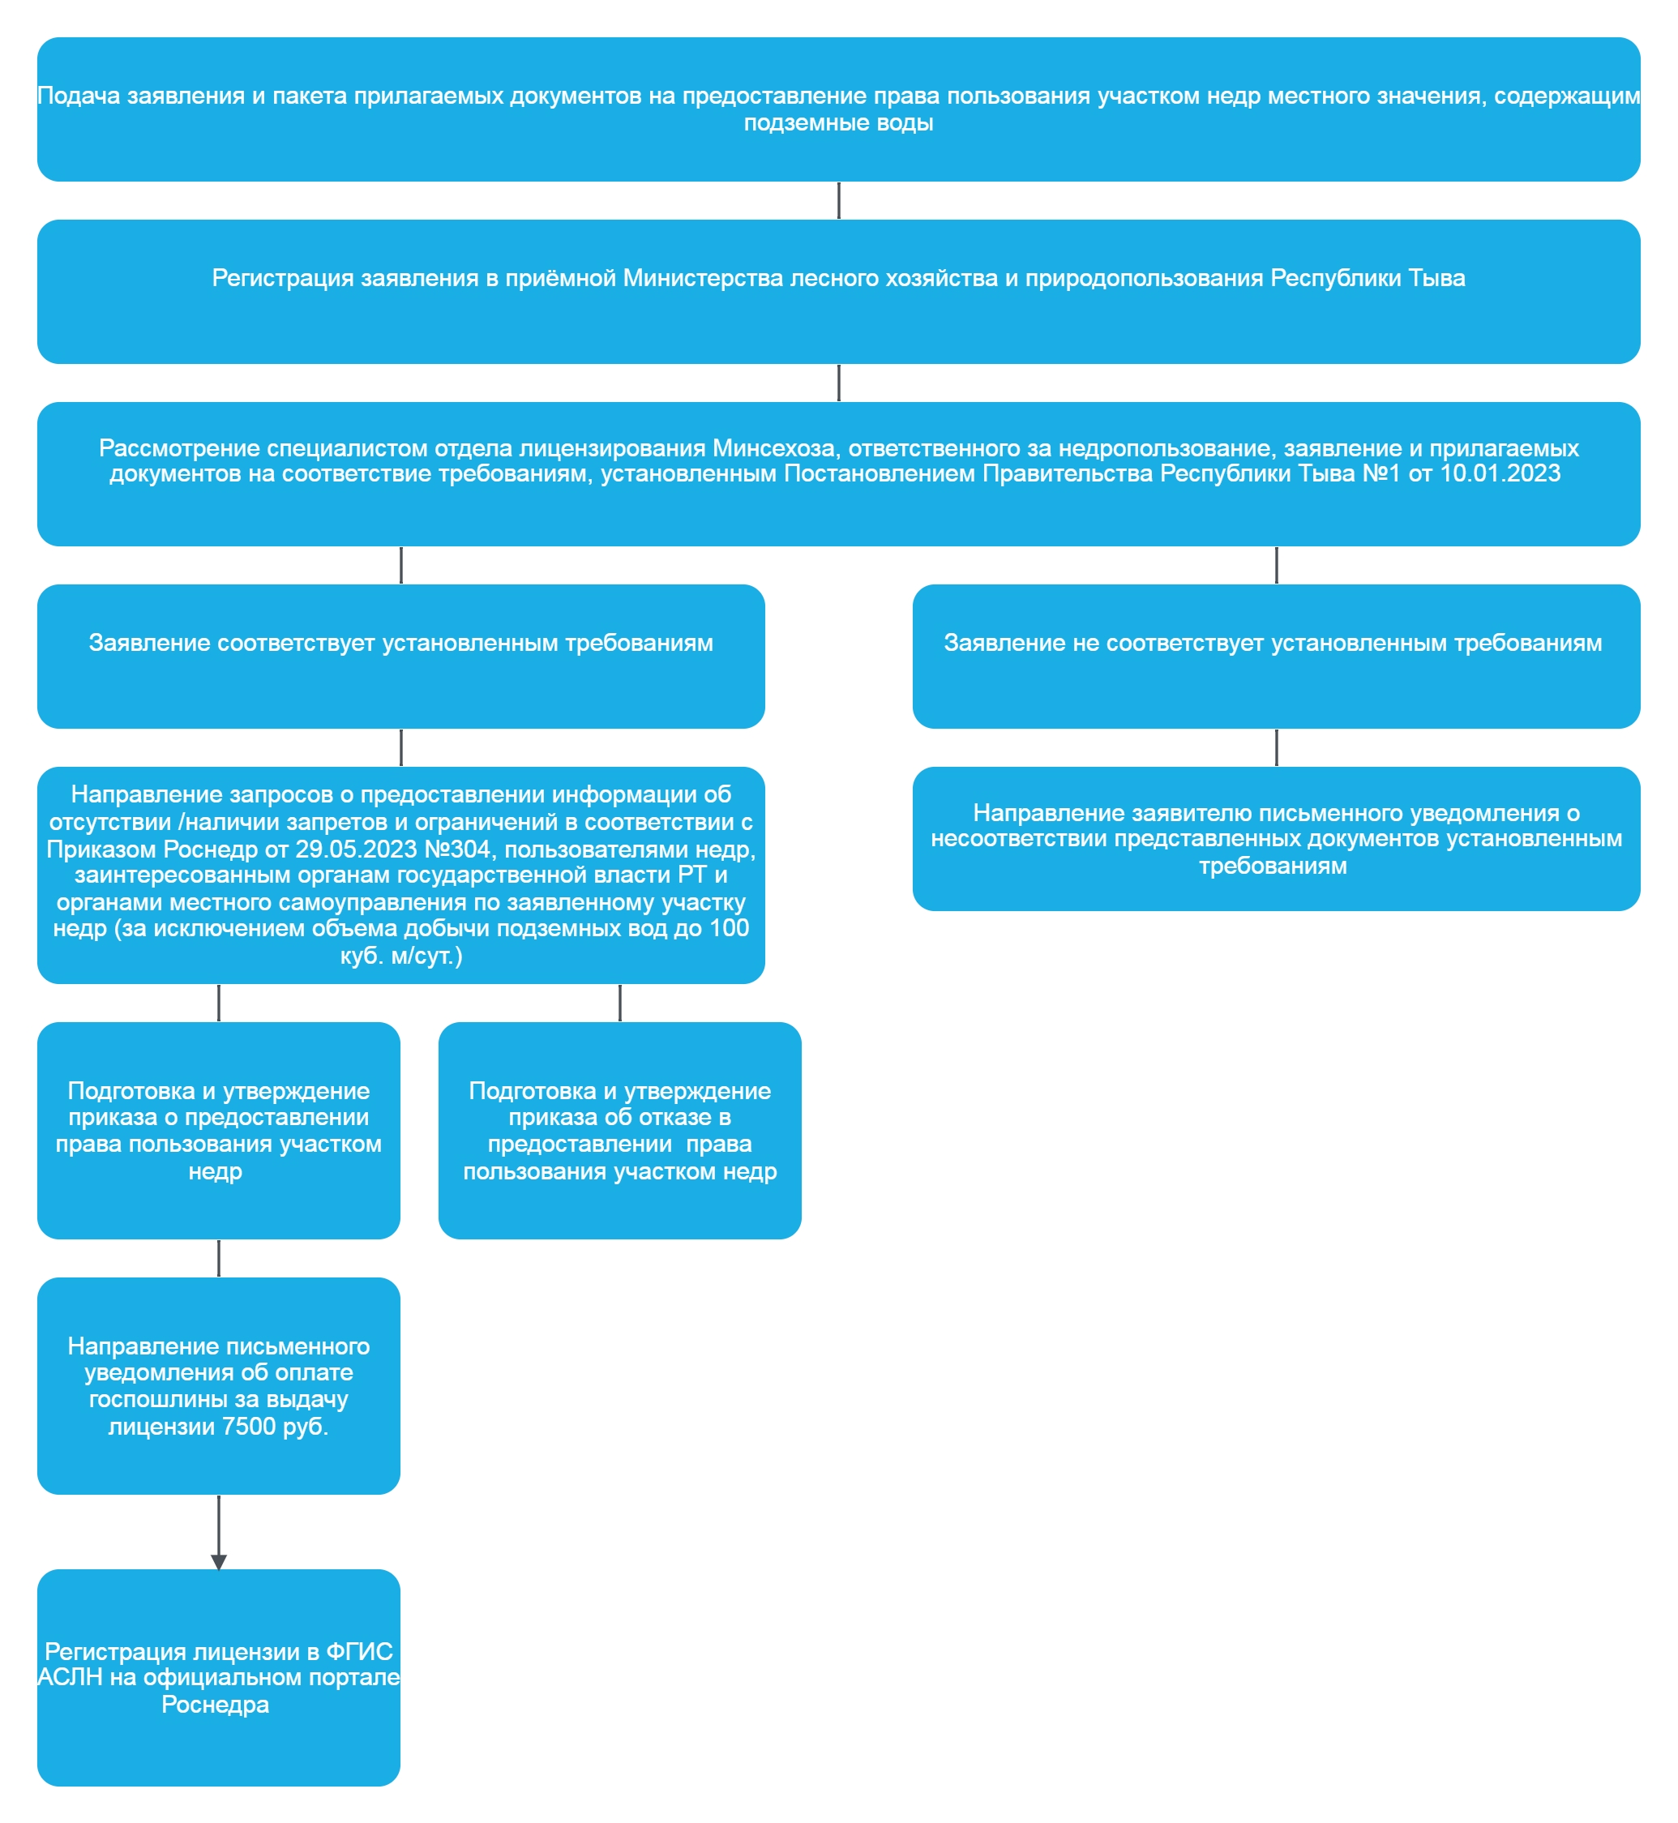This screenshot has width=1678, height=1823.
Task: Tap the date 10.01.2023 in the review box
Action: click(1500, 473)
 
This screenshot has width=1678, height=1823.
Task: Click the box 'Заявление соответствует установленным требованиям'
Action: click(400, 657)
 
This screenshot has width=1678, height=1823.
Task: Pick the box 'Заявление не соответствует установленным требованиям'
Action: click(1276, 657)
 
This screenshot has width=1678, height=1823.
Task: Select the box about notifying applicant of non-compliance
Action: click(1276, 838)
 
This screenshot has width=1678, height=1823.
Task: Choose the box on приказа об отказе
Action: click(619, 1130)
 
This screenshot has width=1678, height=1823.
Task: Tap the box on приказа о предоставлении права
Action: click(218, 1130)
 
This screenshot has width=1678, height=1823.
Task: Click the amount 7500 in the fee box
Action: click(249, 1427)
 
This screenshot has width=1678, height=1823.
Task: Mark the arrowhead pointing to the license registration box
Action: click(218, 1561)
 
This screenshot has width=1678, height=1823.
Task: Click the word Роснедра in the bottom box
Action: click(215, 1704)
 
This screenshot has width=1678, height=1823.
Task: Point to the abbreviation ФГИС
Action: click(358, 1650)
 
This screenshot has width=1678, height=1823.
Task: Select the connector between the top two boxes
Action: click(838, 199)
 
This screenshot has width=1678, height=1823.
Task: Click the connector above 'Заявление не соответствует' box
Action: click(1276, 565)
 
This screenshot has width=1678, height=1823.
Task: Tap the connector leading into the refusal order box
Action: click(619, 1003)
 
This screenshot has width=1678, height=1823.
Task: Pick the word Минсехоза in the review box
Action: click(773, 447)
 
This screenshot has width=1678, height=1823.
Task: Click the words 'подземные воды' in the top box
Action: click(838, 122)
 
